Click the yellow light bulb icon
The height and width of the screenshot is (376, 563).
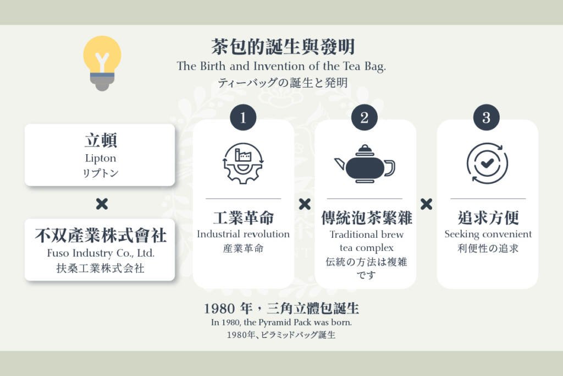102,63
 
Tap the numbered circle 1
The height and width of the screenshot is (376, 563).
243,118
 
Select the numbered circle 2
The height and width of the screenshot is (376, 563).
365,118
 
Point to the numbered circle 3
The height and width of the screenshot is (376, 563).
486,118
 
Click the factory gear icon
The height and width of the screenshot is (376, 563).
243,164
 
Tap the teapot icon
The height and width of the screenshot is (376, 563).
365,164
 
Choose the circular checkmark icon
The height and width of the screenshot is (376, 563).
487,163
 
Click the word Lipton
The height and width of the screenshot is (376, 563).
101,159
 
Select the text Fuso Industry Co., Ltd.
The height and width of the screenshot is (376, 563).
101,253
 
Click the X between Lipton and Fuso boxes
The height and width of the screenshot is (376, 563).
102,204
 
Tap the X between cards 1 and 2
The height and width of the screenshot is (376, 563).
305,204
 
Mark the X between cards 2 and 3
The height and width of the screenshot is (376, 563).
426,204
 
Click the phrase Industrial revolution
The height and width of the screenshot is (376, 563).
243,234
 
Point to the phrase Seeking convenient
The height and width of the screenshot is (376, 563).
488,235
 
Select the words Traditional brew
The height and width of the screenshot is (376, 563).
367,235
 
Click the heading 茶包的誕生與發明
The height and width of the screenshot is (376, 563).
283,47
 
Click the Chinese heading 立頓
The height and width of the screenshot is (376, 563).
101,140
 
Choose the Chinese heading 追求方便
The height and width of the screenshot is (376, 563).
488,217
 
